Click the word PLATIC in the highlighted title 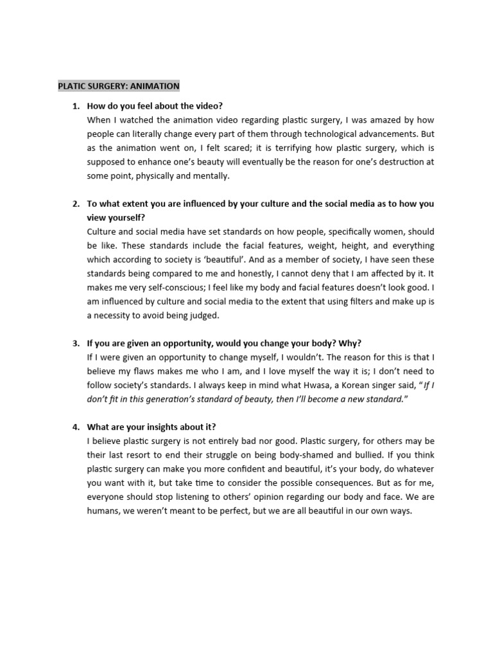click(73, 85)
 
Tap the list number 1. click(75, 106)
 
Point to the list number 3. click(75, 343)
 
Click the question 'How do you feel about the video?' click(155, 106)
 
